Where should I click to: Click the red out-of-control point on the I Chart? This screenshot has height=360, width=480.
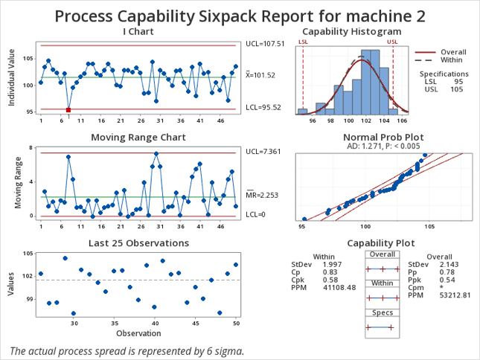pos(68,110)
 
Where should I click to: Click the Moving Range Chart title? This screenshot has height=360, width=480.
pos(138,138)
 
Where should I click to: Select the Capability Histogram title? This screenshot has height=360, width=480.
pos(351,31)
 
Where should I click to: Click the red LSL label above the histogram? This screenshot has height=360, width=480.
pos(303,42)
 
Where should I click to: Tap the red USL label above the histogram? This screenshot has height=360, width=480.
pos(391,42)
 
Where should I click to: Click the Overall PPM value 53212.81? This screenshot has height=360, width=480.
pos(456,296)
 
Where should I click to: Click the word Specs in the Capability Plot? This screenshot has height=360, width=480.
pos(382,314)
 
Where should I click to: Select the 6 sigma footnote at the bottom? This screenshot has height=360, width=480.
pos(127,350)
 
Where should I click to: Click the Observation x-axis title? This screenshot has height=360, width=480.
pos(138,332)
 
